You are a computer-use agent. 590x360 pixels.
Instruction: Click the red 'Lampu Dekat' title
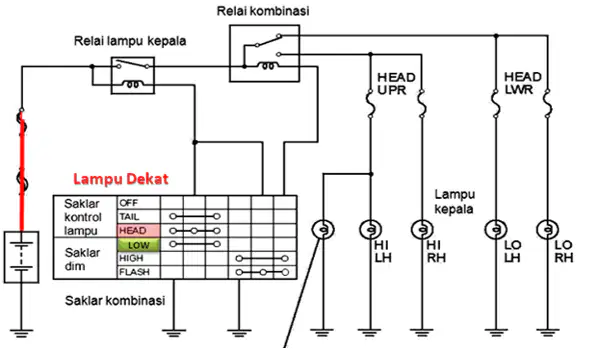[120, 179]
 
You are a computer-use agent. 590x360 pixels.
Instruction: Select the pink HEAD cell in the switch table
[138, 230]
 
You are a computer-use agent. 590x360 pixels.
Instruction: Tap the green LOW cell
[138, 245]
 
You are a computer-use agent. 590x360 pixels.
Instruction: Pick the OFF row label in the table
[129, 203]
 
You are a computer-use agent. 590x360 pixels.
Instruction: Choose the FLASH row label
[134, 272]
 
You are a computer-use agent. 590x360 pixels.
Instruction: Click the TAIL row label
[129, 217]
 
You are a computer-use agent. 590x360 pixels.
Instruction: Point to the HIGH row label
[131, 258]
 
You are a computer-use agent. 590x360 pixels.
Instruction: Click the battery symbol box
[21, 257]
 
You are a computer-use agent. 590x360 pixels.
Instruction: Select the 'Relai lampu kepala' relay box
[132, 75]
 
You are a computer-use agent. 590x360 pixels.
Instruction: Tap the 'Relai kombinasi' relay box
[265, 53]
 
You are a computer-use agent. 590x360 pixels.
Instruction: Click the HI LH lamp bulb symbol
[371, 229]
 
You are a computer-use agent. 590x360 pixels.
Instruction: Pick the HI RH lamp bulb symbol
[422, 229]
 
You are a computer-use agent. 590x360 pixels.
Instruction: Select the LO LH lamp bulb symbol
[496, 229]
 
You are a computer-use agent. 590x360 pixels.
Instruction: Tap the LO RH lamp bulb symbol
[547, 229]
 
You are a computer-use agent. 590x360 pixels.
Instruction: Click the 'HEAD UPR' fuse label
[396, 84]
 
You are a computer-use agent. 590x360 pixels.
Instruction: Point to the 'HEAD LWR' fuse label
[523, 83]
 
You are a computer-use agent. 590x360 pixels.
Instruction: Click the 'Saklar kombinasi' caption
[115, 301]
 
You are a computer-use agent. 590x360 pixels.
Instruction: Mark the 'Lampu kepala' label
[455, 202]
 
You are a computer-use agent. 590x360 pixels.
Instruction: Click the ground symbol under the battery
[21, 333]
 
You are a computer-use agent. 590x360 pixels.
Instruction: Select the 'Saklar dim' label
[82, 259]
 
